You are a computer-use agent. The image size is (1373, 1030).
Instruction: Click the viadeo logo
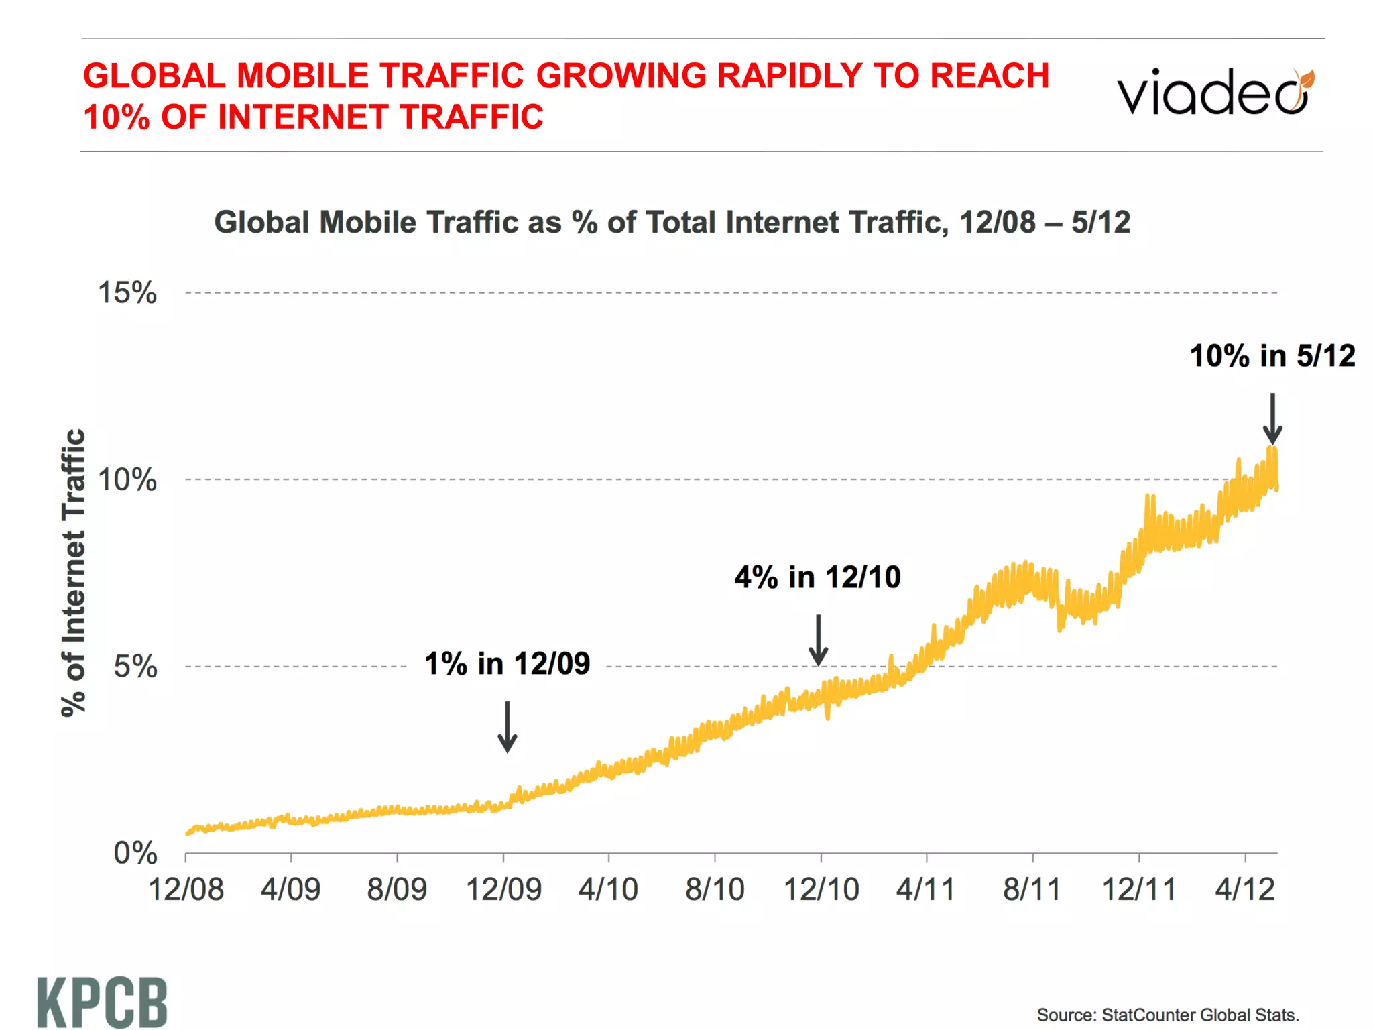pyautogui.click(x=1215, y=93)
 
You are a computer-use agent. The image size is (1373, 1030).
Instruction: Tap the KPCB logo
pyautogui.click(x=102, y=1002)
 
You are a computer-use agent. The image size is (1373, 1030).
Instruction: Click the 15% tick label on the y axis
pyautogui.click(x=127, y=293)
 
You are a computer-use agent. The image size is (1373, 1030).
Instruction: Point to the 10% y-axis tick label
pyautogui.click(x=127, y=480)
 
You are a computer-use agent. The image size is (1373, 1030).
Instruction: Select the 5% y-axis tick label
pyautogui.click(x=135, y=667)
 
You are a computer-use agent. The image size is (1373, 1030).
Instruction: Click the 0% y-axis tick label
pyautogui.click(x=135, y=854)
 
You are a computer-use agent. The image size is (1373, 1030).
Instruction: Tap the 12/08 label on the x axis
pyautogui.click(x=186, y=890)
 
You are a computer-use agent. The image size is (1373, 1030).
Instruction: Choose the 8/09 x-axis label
pyautogui.click(x=396, y=890)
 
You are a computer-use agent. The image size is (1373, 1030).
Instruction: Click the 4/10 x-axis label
pyautogui.click(x=608, y=890)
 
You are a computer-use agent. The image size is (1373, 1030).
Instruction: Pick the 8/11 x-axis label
pyautogui.click(x=1032, y=890)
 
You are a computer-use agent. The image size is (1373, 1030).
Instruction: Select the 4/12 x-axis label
pyautogui.click(x=1245, y=890)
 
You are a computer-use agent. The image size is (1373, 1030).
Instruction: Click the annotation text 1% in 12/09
pyautogui.click(x=507, y=664)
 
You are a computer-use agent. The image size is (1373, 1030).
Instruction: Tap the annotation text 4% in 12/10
pyautogui.click(x=817, y=577)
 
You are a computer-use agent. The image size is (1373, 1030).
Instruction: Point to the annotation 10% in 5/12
pyautogui.click(x=1272, y=356)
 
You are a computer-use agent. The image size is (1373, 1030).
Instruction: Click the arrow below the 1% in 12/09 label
pyautogui.click(x=508, y=727)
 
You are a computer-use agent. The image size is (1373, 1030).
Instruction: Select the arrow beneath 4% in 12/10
pyautogui.click(x=818, y=640)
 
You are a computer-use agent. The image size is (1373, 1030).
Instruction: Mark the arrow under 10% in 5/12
pyautogui.click(x=1272, y=418)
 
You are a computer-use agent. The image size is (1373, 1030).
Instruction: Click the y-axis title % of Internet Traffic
pyautogui.click(x=74, y=573)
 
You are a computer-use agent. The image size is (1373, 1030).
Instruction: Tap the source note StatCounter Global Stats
pyautogui.click(x=1167, y=1015)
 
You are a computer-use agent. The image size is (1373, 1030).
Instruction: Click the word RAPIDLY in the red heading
pyautogui.click(x=788, y=75)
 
